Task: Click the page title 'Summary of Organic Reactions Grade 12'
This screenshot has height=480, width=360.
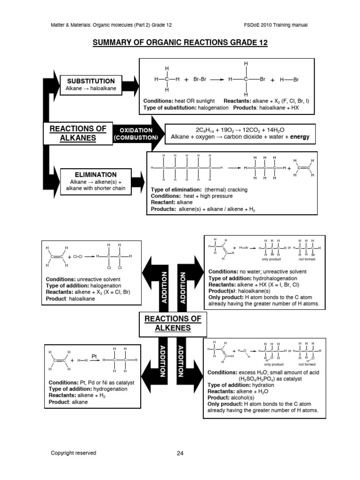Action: coord(180,43)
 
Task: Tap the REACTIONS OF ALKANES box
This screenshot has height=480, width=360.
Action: coord(75,133)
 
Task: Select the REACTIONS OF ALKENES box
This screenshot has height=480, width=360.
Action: coord(172,323)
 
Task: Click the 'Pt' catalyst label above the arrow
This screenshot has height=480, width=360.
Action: coord(94,356)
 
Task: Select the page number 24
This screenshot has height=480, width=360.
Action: coord(180,453)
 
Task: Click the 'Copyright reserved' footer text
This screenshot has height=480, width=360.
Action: coord(74,453)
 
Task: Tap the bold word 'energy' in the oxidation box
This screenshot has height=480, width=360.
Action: coord(300,137)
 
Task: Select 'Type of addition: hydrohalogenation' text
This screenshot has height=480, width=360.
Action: coord(247,278)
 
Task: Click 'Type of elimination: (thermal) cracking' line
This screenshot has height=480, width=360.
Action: coord(199,189)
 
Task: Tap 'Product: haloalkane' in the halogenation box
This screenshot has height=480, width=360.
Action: coord(70,299)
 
